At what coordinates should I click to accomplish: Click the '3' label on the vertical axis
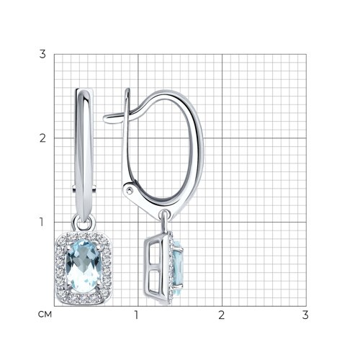(42, 54)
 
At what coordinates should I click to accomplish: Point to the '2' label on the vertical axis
(42, 138)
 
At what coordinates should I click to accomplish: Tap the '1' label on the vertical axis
(42, 222)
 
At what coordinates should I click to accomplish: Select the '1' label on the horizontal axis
(136, 315)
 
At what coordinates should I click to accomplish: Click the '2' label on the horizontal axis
(221, 315)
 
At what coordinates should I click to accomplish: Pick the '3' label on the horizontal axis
(305, 315)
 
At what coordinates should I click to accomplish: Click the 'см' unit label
(45, 315)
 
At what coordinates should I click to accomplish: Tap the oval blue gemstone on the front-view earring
(84, 266)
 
